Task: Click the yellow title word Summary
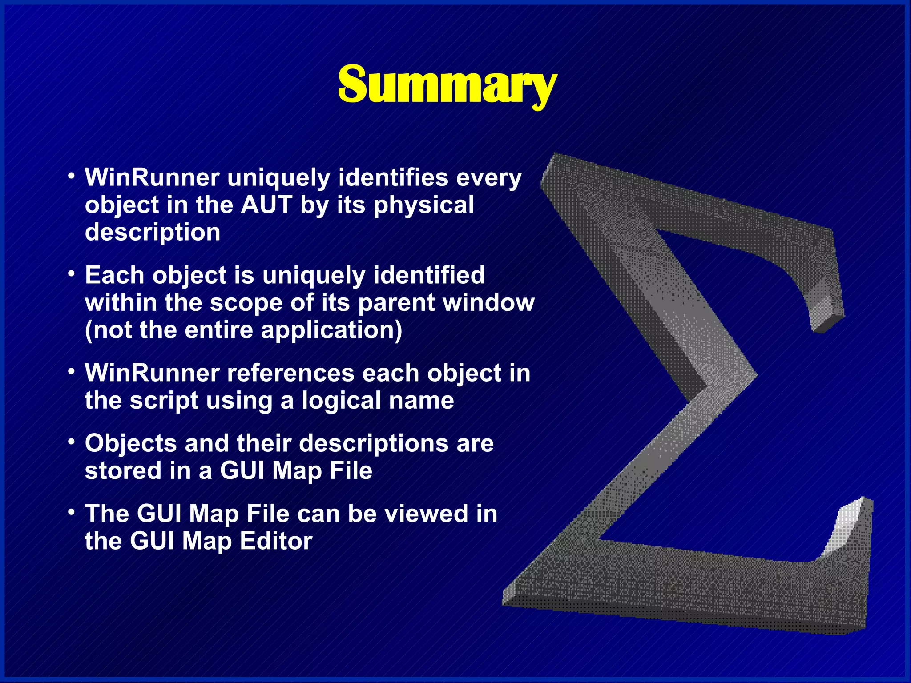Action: (x=447, y=84)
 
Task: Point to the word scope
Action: (x=246, y=303)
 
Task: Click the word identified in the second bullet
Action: (x=429, y=275)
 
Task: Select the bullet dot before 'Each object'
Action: (x=71, y=274)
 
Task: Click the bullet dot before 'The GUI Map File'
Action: (x=71, y=512)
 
